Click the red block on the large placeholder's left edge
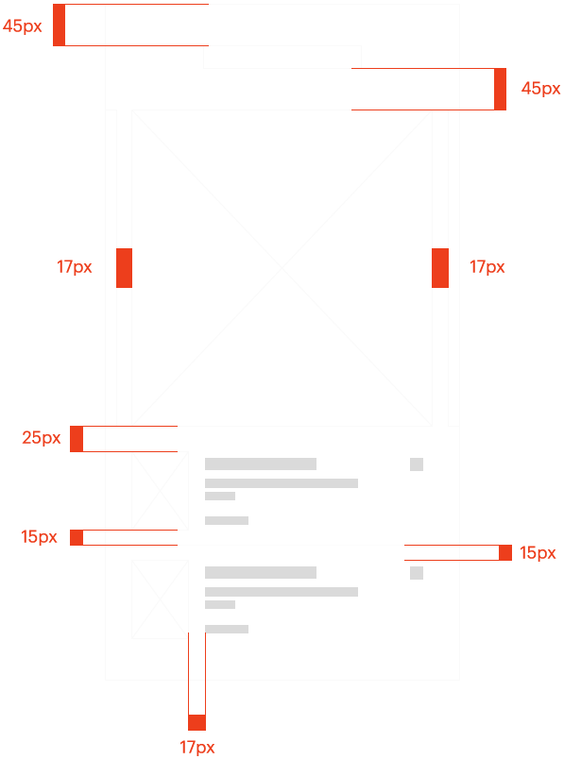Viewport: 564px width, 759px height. (x=124, y=268)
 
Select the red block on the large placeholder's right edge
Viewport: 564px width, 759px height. (x=440, y=268)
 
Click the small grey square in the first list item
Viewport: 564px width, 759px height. (x=417, y=464)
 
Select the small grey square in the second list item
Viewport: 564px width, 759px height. (x=417, y=573)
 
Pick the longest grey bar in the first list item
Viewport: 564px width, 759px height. (x=282, y=483)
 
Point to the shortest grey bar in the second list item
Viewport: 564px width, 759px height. (x=220, y=604)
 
